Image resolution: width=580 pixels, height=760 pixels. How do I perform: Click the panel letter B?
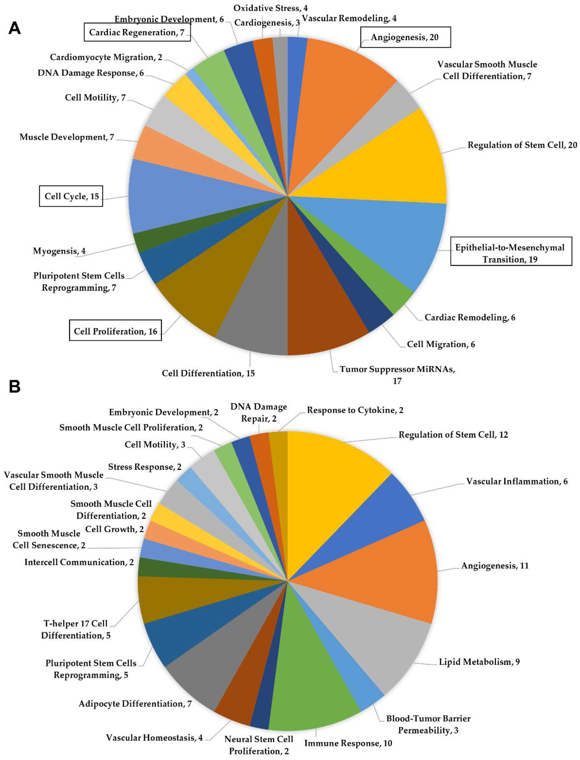(x=14, y=387)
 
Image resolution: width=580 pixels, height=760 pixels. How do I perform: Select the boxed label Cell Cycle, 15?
(x=71, y=196)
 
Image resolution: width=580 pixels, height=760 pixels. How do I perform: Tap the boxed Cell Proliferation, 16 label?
(x=115, y=331)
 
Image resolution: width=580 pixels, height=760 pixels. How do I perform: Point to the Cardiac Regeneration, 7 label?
(x=137, y=33)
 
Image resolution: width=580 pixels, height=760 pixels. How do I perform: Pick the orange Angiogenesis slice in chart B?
(x=387, y=574)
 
